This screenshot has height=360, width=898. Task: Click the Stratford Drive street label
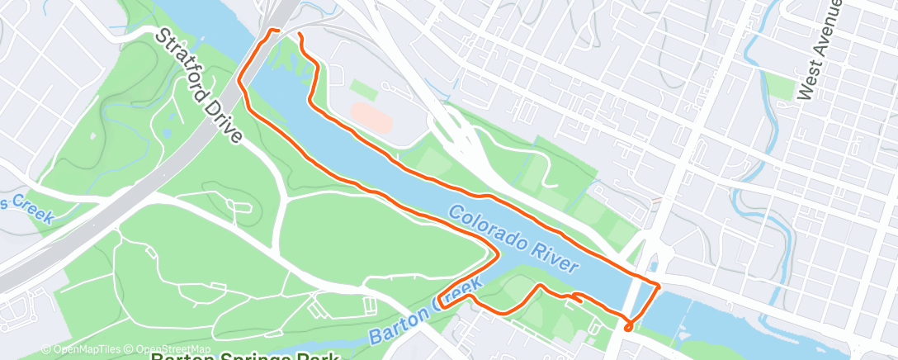(x=199, y=86)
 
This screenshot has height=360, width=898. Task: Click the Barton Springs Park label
(x=245, y=356)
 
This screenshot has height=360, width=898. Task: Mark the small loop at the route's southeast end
(x=629, y=327)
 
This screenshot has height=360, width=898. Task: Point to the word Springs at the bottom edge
(x=248, y=356)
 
